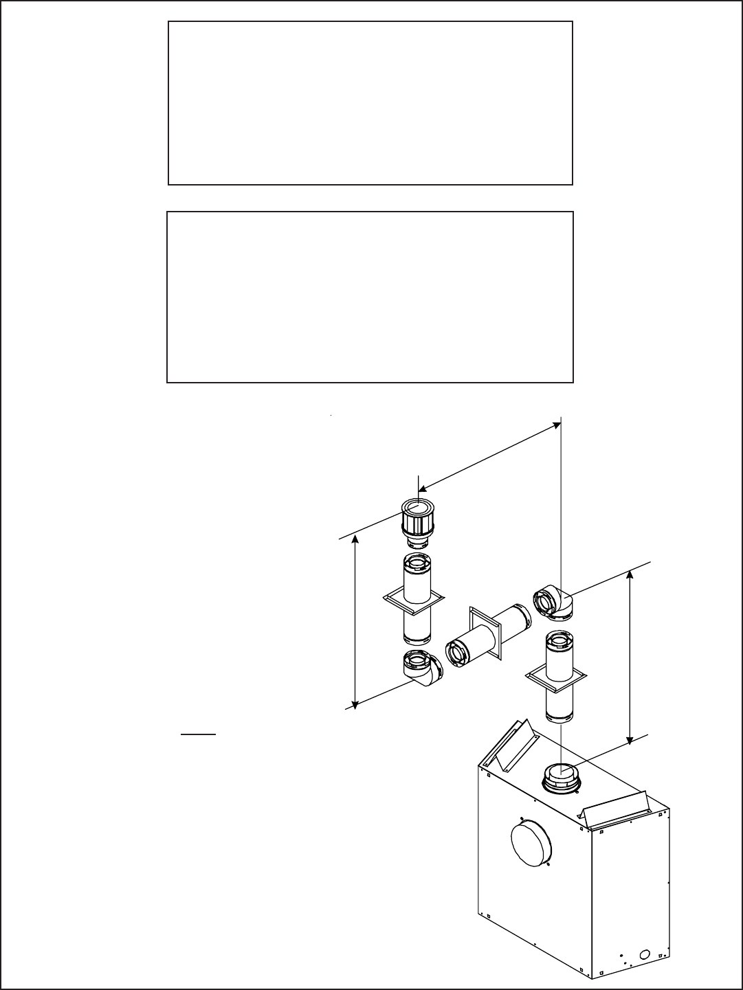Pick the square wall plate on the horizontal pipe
click(485, 631)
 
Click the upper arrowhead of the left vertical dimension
click(355, 540)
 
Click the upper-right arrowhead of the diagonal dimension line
click(555, 426)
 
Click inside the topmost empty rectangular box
click(370, 103)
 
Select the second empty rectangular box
click(370, 297)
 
